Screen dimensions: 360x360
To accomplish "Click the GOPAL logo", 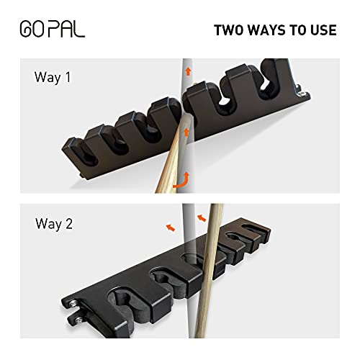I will tap(52, 31).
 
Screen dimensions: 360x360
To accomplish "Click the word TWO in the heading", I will tap(231, 31).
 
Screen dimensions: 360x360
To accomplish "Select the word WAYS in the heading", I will tap(270, 31).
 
